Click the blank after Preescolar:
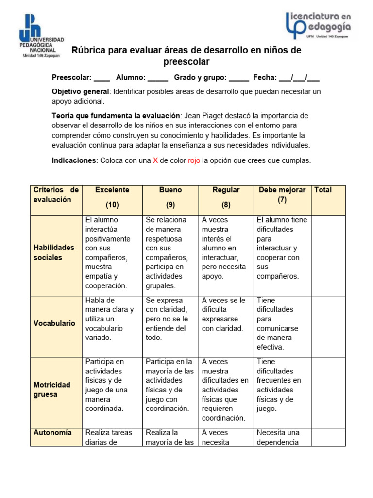[x=102, y=78]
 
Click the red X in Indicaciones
[x=155, y=161]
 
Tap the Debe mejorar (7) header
[x=282, y=195]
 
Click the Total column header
[x=323, y=190]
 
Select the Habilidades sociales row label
[x=54, y=252]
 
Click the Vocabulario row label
[x=54, y=323]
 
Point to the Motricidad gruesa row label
[x=52, y=390]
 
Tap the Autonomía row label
[x=52, y=433]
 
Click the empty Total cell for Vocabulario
[x=328, y=326]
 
